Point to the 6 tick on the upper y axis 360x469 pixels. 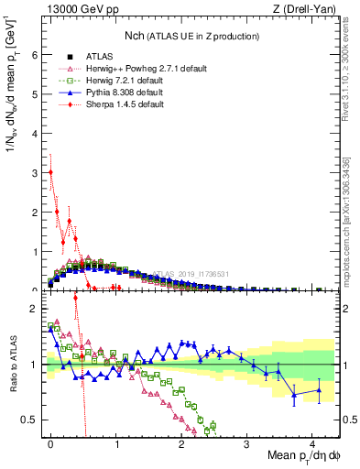click(35, 54)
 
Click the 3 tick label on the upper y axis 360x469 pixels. click(35, 172)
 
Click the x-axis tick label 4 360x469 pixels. click(312, 441)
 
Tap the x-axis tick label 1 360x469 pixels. click(116, 441)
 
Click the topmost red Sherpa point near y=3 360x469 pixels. click(50, 171)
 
